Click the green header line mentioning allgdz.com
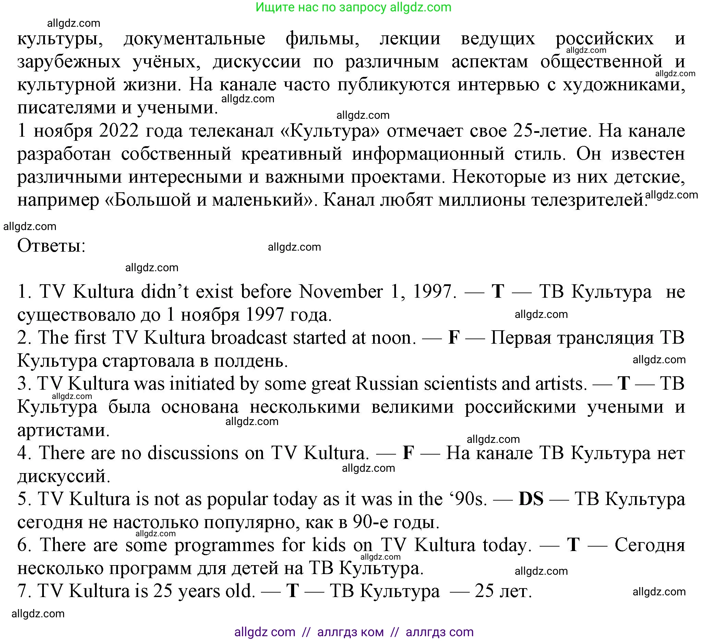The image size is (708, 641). pos(353,8)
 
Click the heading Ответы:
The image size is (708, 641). pos(52,246)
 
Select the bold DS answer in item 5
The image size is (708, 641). pos(531,499)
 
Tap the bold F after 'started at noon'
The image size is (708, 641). pos(454,337)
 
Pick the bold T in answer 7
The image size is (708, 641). pos(292,591)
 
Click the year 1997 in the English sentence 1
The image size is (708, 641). pos(433,291)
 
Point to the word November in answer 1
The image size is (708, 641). pos(341,291)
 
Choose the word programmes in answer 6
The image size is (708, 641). pos(225,545)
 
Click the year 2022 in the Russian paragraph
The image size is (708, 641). pos(119,131)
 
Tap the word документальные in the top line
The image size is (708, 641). pos(194,38)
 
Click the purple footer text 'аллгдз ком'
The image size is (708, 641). pos(350,632)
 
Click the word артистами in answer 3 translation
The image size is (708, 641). pos(63,430)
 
